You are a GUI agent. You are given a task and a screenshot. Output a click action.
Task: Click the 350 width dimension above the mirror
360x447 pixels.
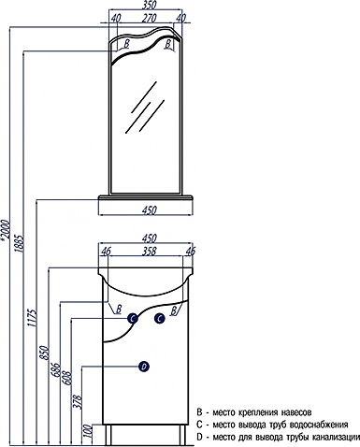pos(149,6)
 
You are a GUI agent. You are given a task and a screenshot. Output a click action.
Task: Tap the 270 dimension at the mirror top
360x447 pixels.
pos(149,19)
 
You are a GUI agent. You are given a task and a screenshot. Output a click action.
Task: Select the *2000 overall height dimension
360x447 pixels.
pos(7,230)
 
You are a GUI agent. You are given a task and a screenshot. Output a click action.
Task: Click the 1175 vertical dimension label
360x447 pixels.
pos(33,318)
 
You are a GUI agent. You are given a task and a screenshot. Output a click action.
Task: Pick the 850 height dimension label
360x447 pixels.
pos(46,353)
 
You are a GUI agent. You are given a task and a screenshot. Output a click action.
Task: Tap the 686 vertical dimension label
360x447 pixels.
pos(57,369)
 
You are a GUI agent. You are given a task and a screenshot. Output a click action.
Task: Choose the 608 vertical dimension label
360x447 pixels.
pos(68,378)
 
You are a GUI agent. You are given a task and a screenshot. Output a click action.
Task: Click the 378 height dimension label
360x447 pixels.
pos(79,402)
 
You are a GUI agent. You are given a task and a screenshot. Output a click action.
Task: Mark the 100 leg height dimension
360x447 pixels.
pos(90,431)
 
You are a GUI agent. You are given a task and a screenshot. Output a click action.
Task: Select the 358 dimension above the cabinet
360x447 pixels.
pos(149,252)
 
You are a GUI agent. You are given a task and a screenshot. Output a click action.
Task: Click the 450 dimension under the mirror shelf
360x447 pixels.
pos(149,210)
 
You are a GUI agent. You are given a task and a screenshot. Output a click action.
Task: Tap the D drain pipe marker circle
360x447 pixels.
pos(144,367)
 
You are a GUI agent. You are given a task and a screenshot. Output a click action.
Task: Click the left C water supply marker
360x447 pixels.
pos(133,319)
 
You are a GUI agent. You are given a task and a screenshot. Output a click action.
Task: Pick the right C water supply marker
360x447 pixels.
pos(160,319)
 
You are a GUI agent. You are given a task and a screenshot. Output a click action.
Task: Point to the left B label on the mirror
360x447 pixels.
pos(126,44)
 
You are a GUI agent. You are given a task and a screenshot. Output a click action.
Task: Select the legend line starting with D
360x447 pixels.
pos(279,438)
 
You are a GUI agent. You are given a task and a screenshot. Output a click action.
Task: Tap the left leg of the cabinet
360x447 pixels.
pos(108,435)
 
